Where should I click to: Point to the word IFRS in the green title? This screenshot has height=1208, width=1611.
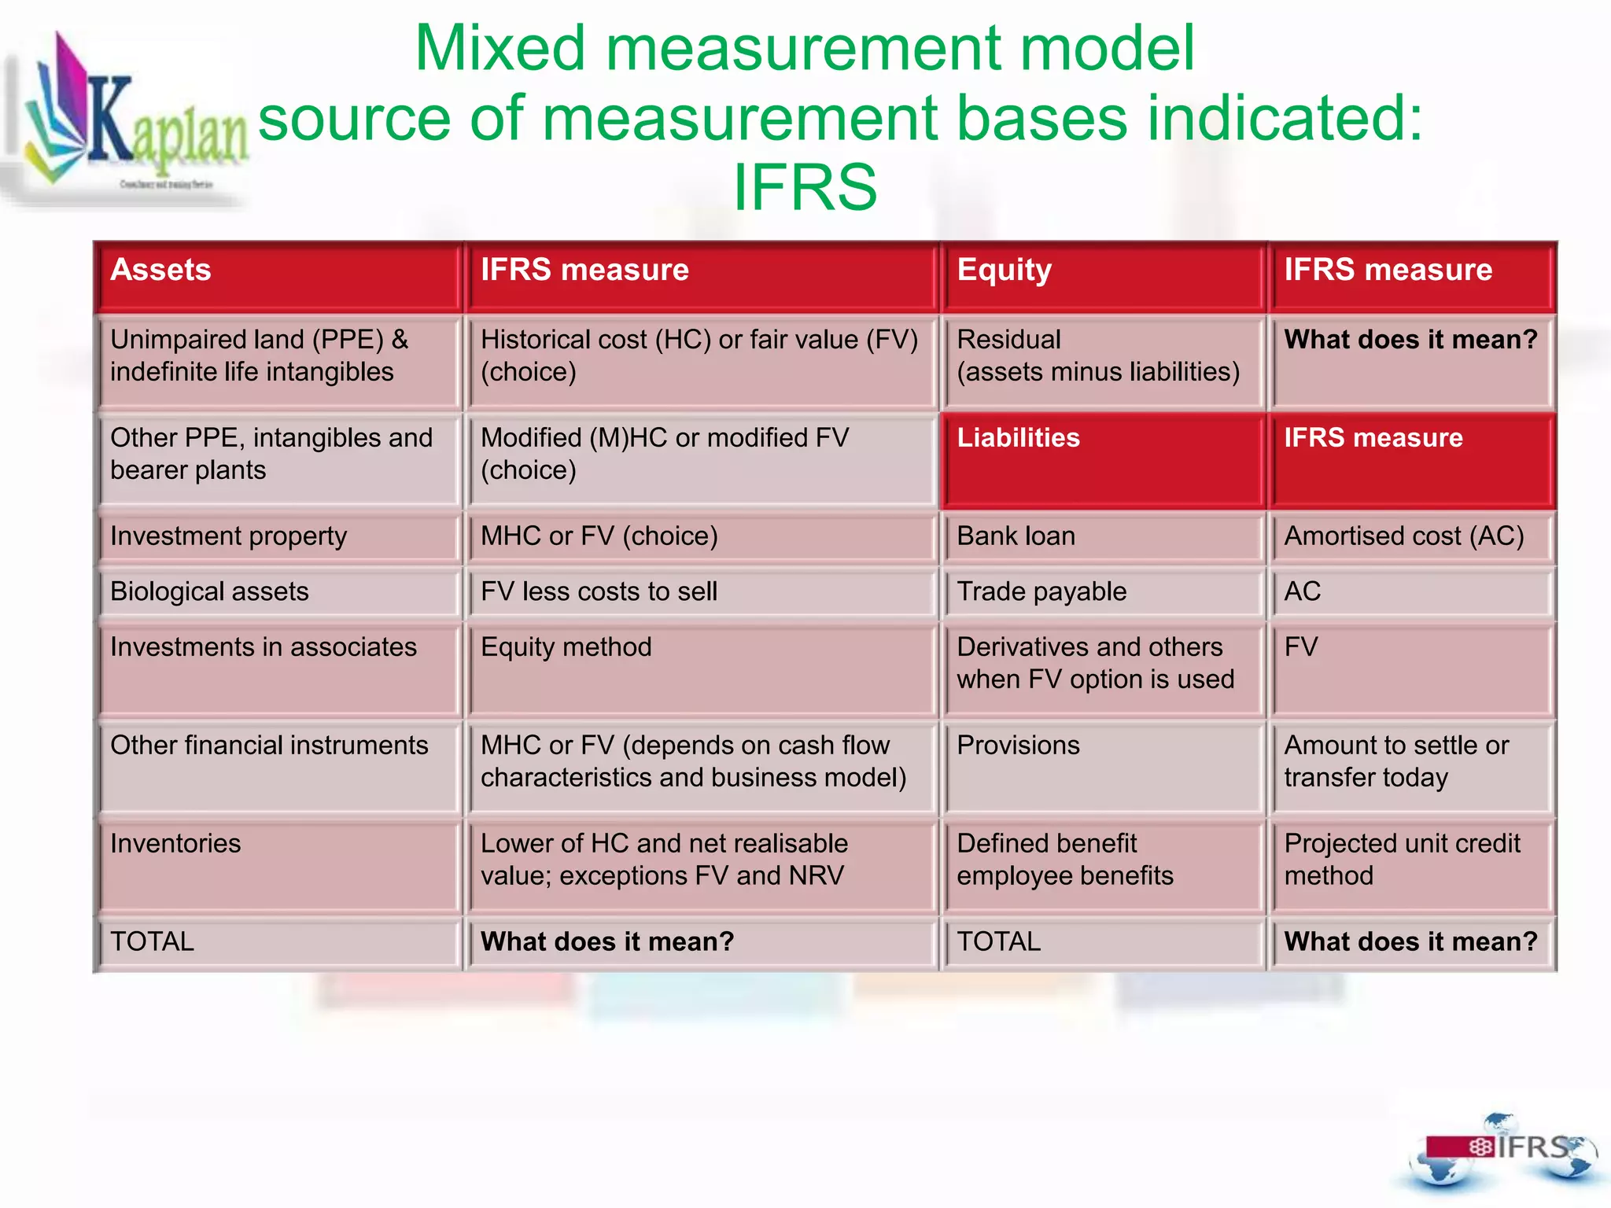tap(805, 187)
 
